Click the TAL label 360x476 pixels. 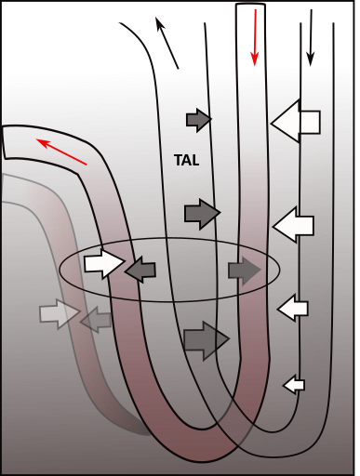click(x=187, y=160)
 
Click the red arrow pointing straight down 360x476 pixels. click(x=254, y=38)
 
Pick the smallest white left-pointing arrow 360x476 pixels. click(x=294, y=383)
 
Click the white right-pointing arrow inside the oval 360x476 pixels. click(x=102, y=263)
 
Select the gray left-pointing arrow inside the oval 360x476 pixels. click(x=140, y=271)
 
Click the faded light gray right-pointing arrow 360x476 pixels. click(x=59, y=313)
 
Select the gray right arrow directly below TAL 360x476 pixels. click(x=201, y=213)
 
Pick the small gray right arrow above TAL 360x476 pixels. click(x=198, y=118)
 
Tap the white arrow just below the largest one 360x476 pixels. click(x=295, y=224)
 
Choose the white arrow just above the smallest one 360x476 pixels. click(x=293, y=307)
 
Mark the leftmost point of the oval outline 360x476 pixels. click(x=60, y=271)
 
